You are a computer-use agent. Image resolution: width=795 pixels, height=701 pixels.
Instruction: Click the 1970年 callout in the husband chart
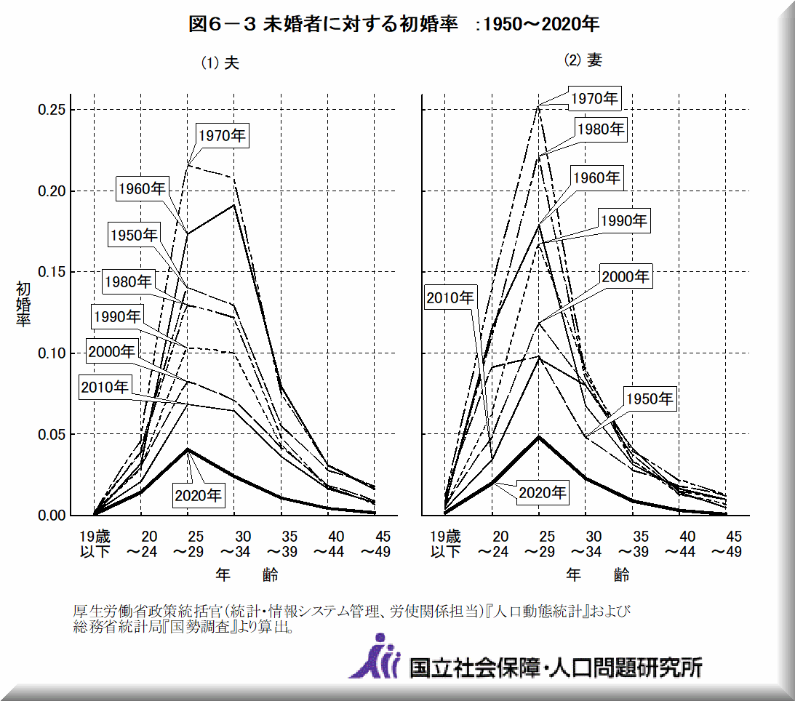tap(223, 135)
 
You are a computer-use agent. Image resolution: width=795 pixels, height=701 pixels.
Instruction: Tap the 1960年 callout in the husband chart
tap(142, 188)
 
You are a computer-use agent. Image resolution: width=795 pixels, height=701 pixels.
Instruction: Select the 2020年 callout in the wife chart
tap(542, 492)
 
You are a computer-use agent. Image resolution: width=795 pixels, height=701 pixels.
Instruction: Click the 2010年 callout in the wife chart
tap(450, 297)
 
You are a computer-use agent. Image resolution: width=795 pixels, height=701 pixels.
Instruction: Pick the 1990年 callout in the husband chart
tap(116, 316)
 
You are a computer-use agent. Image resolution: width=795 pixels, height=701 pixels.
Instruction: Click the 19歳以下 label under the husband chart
tap(95, 544)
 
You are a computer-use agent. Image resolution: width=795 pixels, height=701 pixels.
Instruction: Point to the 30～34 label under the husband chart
tap(233, 544)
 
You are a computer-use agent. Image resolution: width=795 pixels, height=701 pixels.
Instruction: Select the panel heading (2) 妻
tap(583, 60)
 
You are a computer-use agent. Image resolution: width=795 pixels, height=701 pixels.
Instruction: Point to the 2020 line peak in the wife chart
tap(538, 436)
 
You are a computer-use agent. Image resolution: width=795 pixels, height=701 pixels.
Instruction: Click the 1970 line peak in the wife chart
tap(538, 106)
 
